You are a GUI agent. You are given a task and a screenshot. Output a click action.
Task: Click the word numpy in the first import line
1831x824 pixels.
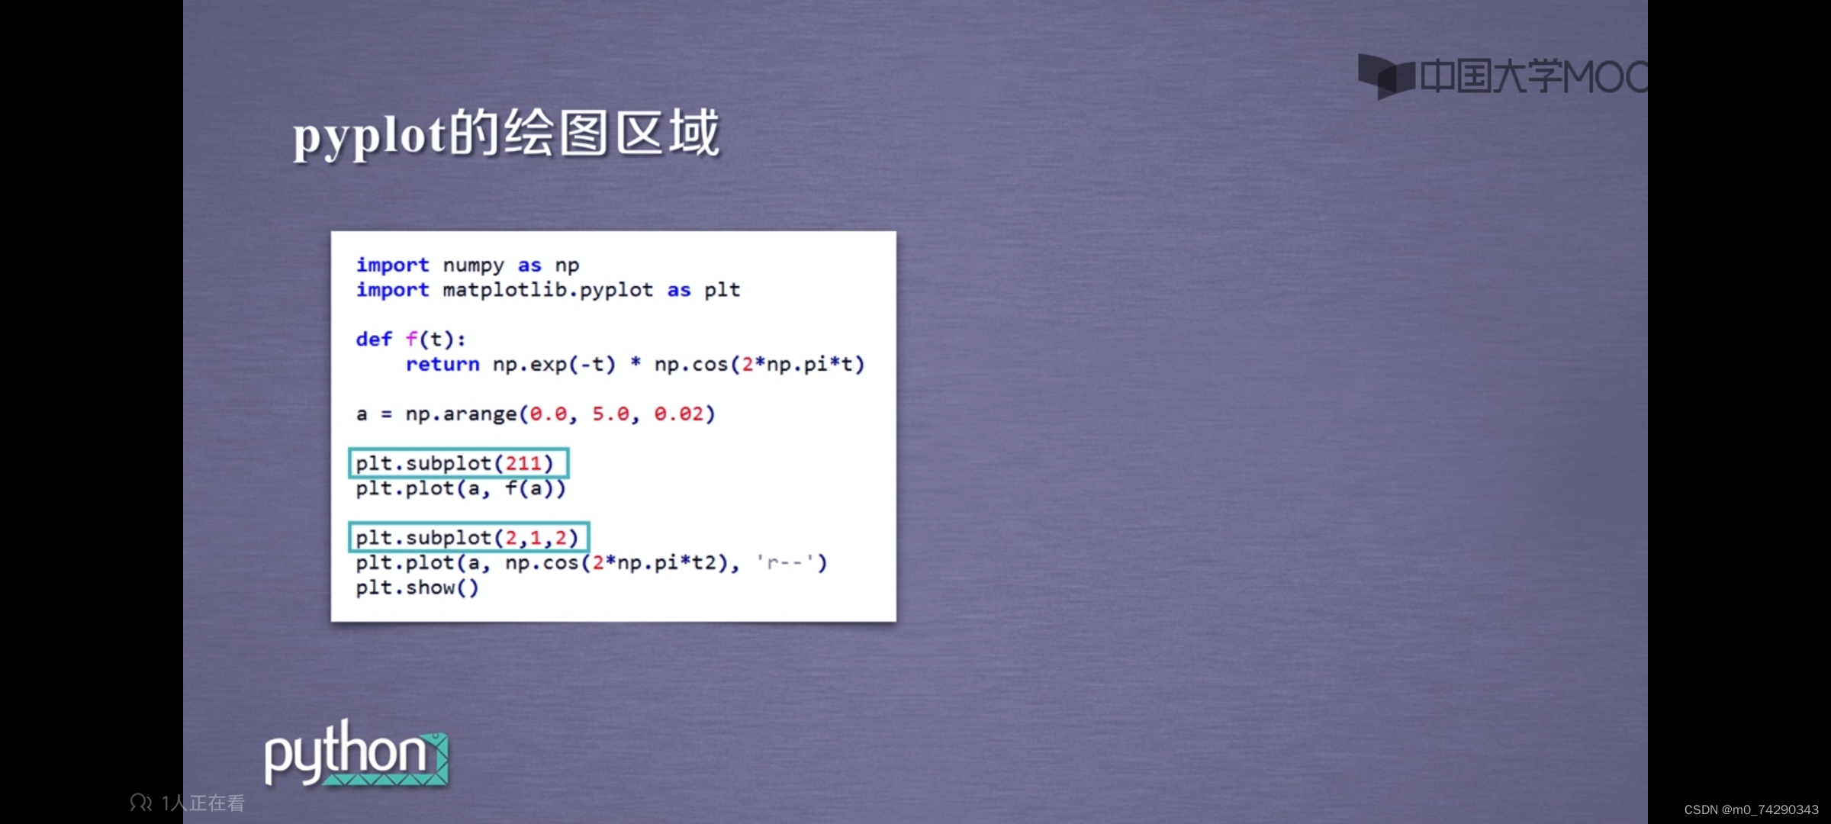click(x=473, y=266)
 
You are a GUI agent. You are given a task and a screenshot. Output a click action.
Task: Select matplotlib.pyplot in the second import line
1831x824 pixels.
click(x=548, y=291)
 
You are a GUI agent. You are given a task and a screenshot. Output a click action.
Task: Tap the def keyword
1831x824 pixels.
click(x=374, y=339)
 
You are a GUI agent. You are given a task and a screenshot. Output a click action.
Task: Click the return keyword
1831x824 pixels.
click(x=442, y=364)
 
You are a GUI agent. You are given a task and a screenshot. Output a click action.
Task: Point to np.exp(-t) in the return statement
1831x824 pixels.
click(x=554, y=365)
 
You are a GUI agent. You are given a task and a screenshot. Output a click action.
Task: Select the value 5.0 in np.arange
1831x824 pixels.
click(x=611, y=414)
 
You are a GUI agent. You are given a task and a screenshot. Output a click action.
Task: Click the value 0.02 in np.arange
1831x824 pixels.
click(x=679, y=414)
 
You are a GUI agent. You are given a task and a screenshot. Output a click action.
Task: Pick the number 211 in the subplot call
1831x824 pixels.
click(x=523, y=463)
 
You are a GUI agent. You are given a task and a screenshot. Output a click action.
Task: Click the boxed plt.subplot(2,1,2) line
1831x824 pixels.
click(x=468, y=538)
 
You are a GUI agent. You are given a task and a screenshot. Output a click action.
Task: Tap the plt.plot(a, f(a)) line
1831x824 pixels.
click(x=461, y=488)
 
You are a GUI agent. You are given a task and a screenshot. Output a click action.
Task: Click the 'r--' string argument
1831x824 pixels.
click(x=786, y=563)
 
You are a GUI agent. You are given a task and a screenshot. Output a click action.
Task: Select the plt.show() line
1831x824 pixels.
click(x=417, y=588)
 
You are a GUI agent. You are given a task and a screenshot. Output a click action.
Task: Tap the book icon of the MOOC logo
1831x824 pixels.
click(x=1386, y=76)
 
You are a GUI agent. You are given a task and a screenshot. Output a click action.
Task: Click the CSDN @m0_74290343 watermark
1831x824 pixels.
click(x=1752, y=810)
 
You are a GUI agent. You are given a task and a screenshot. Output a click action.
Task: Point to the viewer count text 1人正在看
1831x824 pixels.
click(x=203, y=803)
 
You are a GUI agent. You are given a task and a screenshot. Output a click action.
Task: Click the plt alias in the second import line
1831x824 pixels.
click(x=722, y=291)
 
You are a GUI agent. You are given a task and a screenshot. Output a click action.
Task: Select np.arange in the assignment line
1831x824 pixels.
click(x=461, y=414)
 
